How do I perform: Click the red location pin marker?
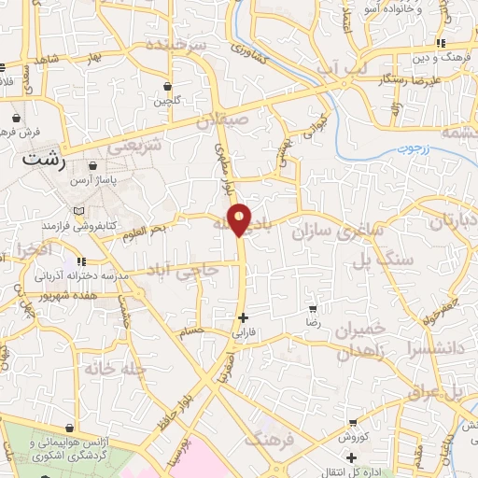point(240,218)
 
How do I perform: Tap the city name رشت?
point(44,161)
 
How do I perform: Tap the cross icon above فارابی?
point(244,317)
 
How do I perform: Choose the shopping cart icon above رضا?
point(314,307)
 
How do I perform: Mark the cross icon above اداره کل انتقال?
point(351,457)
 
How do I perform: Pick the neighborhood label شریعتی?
point(134,147)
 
